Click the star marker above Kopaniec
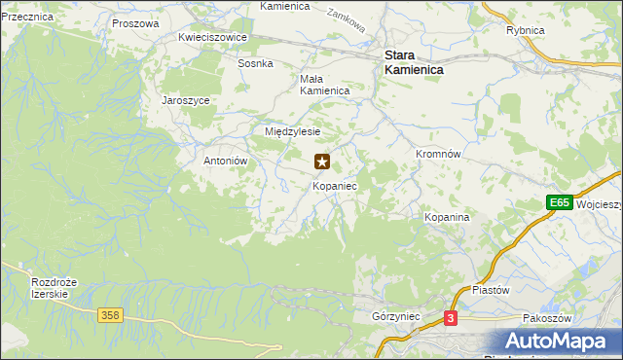pyautogui.click(x=322, y=162)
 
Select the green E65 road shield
pyautogui.click(x=558, y=202)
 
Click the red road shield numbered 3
pyautogui.click(x=451, y=318)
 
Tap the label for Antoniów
pyautogui.click(x=228, y=161)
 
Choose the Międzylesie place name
pyautogui.click(x=293, y=130)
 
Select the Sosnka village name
pyautogui.click(x=256, y=63)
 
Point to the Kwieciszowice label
pyautogui.click(x=213, y=37)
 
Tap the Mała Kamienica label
pyautogui.click(x=324, y=85)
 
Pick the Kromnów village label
pyautogui.click(x=438, y=154)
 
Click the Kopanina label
pyautogui.click(x=447, y=217)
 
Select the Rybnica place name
pyautogui.click(x=525, y=30)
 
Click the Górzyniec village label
pyautogui.click(x=395, y=316)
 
